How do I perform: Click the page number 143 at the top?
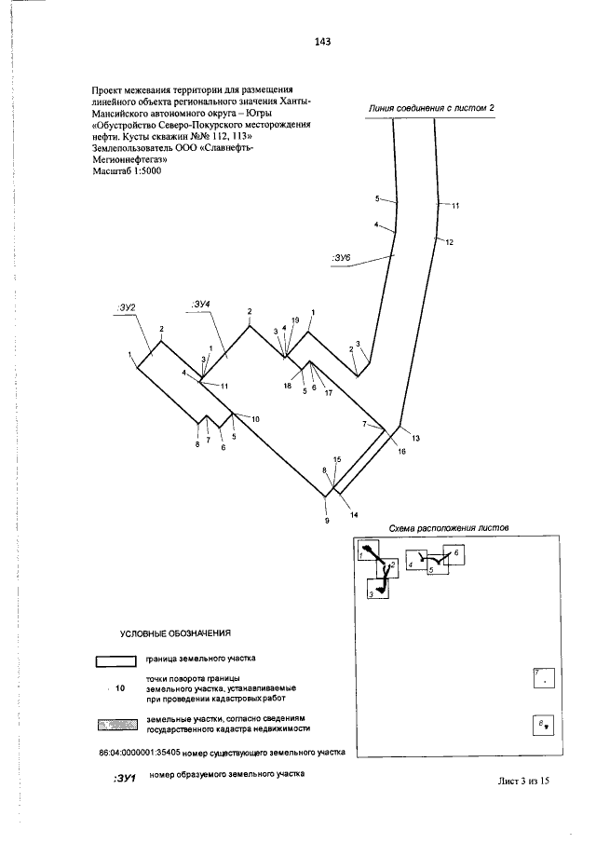click(323, 42)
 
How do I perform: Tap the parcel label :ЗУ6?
click(340, 257)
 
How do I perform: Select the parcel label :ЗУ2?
click(127, 306)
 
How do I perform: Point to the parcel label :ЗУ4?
click(200, 304)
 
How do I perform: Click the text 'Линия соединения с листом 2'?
click(430, 108)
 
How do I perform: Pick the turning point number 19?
click(295, 320)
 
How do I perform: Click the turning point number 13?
click(415, 438)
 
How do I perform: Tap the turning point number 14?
click(354, 514)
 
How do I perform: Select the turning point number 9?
click(327, 521)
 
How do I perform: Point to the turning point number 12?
click(449, 243)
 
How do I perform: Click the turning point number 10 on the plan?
click(255, 418)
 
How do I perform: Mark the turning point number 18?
click(289, 386)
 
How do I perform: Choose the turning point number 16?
click(402, 451)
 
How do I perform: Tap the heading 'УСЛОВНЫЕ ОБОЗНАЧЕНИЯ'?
click(175, 633)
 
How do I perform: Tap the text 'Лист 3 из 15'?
click(524, 782)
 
